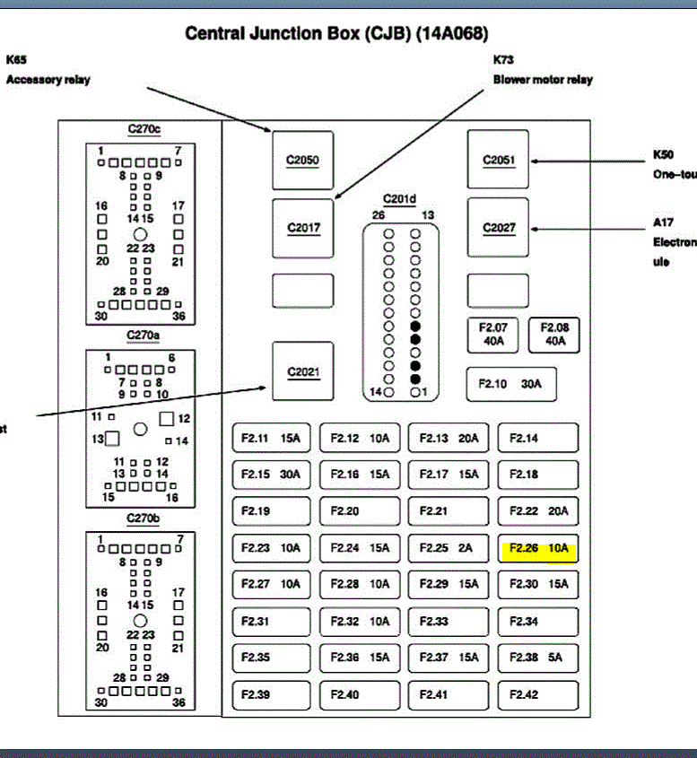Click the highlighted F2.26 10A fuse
538,548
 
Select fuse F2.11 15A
271,439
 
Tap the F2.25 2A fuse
449,548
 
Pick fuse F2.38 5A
538,658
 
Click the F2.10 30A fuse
510,384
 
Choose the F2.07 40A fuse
493,335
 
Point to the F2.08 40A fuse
554,335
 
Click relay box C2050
302,161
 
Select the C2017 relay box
302,228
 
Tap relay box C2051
498,161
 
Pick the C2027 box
498,228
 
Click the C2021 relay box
302,371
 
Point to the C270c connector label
144,129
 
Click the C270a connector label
144,335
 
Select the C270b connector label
144,518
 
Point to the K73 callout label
502,60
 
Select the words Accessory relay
48,80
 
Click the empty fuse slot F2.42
538,694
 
